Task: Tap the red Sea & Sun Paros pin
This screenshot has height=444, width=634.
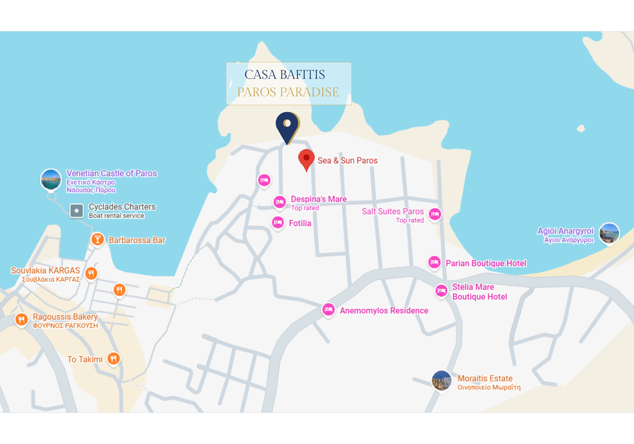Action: point(306,158)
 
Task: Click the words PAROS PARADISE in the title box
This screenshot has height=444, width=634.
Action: point(288,92)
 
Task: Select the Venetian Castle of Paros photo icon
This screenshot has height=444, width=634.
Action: point(51,179)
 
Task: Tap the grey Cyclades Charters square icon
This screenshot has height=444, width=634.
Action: point(77,211)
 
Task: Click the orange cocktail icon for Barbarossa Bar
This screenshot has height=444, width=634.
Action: point(97,239)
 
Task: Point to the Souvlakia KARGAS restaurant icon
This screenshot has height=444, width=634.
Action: point(91,274)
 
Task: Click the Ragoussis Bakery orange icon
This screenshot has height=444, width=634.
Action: point(21,320)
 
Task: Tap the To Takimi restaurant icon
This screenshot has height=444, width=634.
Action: point(114,359)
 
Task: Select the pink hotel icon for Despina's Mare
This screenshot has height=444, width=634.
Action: point(280,202)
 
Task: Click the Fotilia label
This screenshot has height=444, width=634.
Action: point(300,223)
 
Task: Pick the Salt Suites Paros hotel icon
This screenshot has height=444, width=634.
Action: point(435,214)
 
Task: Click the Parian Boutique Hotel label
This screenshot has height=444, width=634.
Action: point(486,263)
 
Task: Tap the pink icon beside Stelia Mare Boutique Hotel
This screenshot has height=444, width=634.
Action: point(441,291)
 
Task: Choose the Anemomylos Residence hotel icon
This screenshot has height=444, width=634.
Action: point(328,310)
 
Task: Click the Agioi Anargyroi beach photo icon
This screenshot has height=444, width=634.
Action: point(609,233)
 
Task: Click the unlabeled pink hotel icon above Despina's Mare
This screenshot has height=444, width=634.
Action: point(264,180)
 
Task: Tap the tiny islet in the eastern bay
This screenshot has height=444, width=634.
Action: point(581,128)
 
